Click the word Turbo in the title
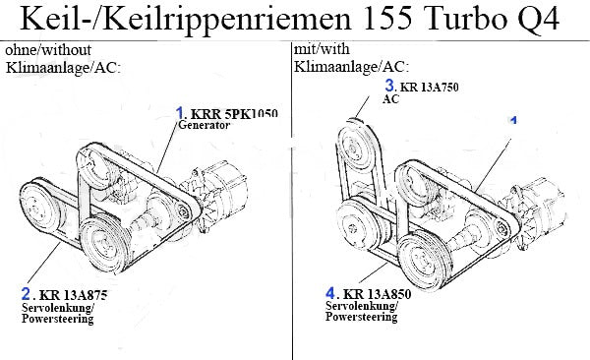[466, 19]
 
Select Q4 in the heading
[540, 20]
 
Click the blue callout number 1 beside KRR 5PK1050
[180, 112]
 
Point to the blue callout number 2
[26, 293]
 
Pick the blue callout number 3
[389, 86]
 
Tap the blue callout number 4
[330, 292]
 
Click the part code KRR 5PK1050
[234, 113]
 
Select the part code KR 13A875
[73, 295]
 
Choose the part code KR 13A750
[430, 87]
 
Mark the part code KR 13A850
[377, 294]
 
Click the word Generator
[204, 125]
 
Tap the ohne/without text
[48, 49]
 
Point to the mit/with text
[322, 48]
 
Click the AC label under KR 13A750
[390, 99]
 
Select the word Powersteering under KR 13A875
[58, 319]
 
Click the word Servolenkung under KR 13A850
[361, 305]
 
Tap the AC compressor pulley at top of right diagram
[355, 147]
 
